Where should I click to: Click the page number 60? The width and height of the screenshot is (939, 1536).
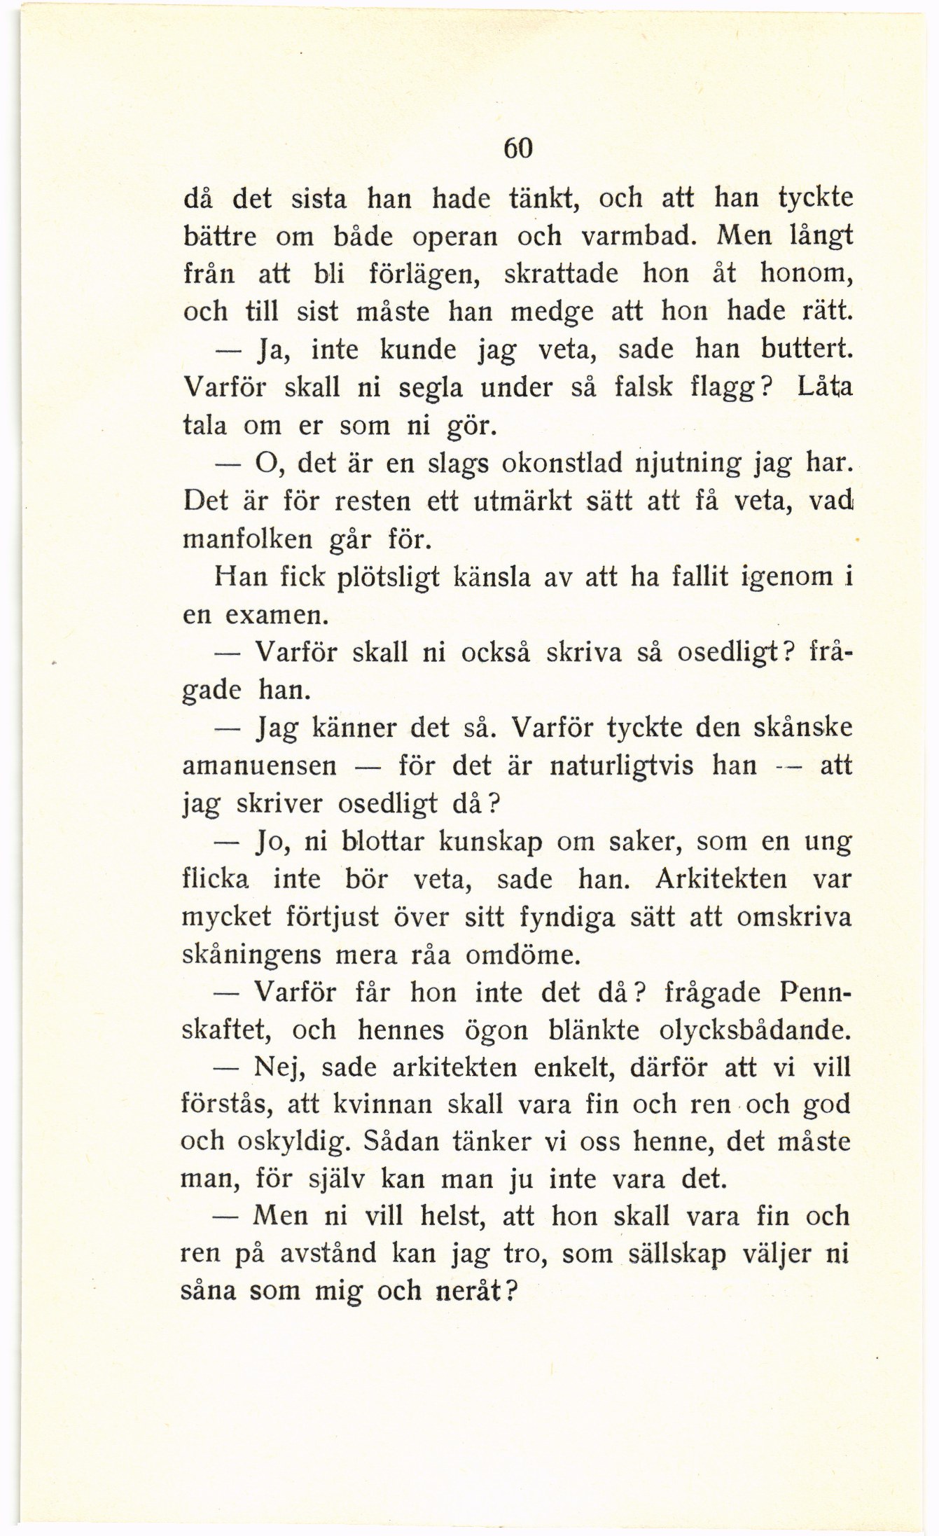(519, 148)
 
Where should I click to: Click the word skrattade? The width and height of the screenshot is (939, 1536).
(561, 273)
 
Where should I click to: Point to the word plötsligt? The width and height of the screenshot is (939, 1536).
(388, 578)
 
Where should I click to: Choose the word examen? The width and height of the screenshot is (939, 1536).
(274, 616)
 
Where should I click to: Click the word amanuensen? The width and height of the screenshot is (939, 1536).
(260, 766)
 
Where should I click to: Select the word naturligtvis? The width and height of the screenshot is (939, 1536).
(622, 766)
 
